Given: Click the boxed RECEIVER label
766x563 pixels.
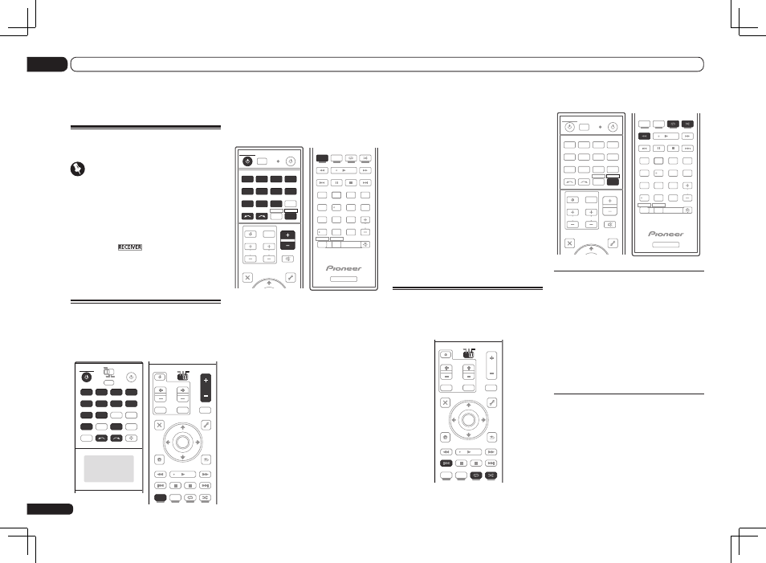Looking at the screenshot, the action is (x=130, y=247).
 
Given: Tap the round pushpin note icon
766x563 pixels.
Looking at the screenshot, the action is (x=78, y=169).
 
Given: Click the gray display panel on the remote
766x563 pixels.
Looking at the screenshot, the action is (x=109, y=469).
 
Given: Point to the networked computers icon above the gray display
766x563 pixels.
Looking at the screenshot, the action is (x=109, y=373).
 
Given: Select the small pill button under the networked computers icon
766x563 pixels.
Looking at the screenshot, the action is (x=109, y=383).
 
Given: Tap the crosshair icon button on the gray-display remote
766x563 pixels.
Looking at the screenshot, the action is (x=132, y=439).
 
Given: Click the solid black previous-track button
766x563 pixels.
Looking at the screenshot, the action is (x=446, y=463).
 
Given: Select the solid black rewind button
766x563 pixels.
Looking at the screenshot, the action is (x=645, y=136).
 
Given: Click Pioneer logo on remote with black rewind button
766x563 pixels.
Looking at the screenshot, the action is (x=666, y=234).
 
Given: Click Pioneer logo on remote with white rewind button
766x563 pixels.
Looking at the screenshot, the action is (x=344, y=268).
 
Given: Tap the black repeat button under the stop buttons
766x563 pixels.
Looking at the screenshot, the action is (x=476, y=475).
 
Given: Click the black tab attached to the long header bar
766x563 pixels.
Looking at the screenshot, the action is (x=47, y=64).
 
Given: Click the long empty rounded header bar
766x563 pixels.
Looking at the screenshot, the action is (x=387, y=64).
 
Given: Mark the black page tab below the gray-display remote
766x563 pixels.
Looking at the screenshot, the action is (x=50, y=508).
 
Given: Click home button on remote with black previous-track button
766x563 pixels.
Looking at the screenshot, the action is (x=445, y=438).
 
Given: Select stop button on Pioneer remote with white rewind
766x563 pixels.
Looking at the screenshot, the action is (x=351, y=183).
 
